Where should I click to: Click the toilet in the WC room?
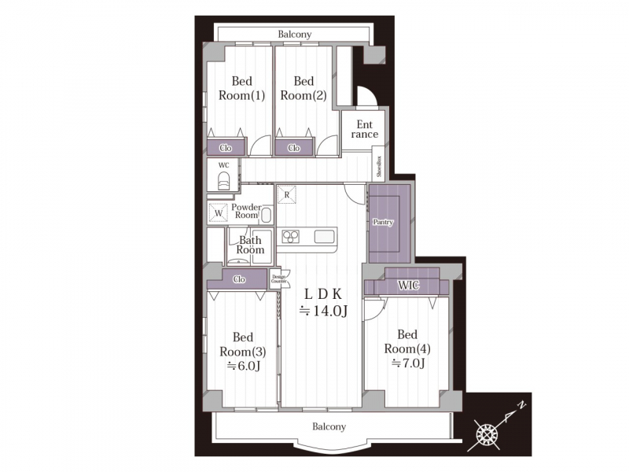coord(224,181)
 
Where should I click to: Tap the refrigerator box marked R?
coord(287,194)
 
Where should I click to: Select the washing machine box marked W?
coord(219,212)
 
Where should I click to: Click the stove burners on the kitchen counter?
coord(290,237)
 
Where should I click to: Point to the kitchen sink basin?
coord(324,237)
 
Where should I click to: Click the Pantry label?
coord(383,222)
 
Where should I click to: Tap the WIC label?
coord(409,286)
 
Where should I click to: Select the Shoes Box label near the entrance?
coord(380,167)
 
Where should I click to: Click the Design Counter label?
coord(279,279)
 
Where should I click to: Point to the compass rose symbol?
coord(487,434)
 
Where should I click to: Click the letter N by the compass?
coord(521,404)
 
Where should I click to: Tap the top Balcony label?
coord(295,34)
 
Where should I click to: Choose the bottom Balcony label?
coord(329,426)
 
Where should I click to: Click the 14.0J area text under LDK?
coord(324,311)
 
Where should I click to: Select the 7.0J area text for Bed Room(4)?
coord(408,363)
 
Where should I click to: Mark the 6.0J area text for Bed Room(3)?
coord(244,366)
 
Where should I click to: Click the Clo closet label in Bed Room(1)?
coord(226,148)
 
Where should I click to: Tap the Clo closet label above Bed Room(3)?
coord(239,279)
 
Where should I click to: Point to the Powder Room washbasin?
coord(266,216)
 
